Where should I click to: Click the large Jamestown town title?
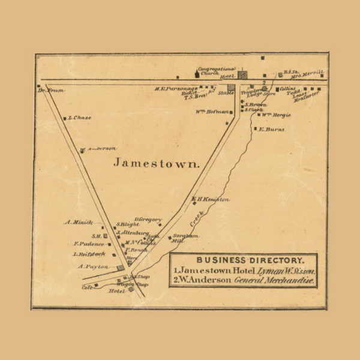click(156, 163)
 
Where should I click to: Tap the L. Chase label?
click(80, 118)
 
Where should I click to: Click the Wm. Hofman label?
click(212, 112)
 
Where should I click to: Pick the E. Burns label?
click(272, 128)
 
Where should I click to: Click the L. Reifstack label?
click(89, 254)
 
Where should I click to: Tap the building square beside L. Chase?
click(65, 118)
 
